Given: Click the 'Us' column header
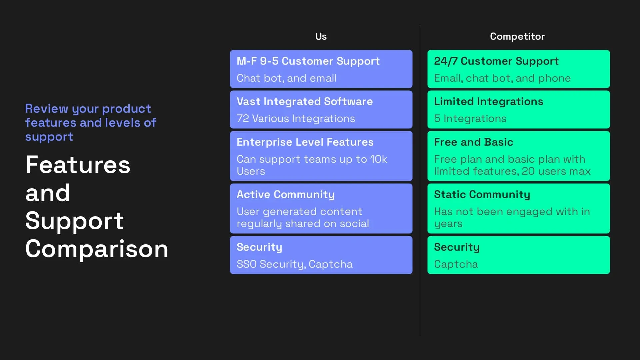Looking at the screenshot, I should pos(321,36).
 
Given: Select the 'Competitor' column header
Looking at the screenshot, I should pos(517,36).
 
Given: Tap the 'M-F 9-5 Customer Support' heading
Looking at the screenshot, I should pos(308,61).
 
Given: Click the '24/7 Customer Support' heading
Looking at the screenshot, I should pos(496,61).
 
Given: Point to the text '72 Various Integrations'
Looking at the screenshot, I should pos(296,118).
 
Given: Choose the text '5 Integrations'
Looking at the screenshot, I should pos(470,118).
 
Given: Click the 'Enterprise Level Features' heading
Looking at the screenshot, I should pos(305,142).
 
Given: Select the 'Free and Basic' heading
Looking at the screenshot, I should pos(473,142).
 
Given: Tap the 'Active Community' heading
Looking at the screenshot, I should pos(285,194).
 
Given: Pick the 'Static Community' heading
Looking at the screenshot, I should pos(482,194).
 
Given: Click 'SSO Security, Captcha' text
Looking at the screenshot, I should pos(294,264).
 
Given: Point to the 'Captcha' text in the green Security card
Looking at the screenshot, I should pos(456,264).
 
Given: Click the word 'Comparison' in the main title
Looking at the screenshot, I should pos(97,249).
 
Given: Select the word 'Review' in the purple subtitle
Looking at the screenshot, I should pos(47,109).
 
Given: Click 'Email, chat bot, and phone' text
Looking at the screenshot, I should pos(502,78).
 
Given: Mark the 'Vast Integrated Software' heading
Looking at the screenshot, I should pos(305,101).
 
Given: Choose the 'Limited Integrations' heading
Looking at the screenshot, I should pos(488,101).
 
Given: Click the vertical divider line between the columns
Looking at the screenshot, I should pos(420,300).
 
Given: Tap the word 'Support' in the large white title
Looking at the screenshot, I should pos(74,221).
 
